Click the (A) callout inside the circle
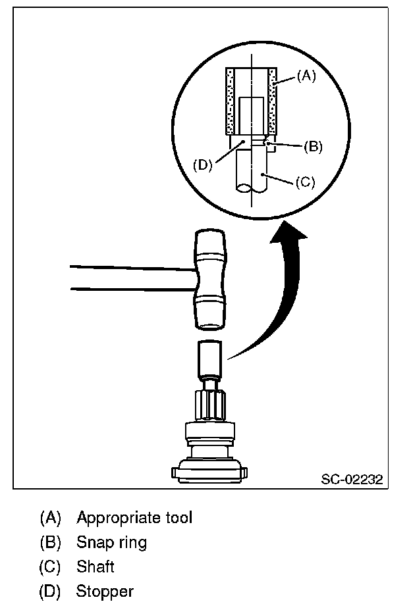tap(306, 76)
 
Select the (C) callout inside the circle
tap(304, 182)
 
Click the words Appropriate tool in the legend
tap(134, 517)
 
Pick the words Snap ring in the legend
tap(111, 542)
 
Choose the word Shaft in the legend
tap(96, 566)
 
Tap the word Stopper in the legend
tap(105, 591)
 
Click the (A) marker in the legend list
tap(50, 517)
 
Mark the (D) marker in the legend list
tap(50, 591)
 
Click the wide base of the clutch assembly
tap(210, 470)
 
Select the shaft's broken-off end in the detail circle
tap(250, 188)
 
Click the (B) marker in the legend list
tap(50, 542)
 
